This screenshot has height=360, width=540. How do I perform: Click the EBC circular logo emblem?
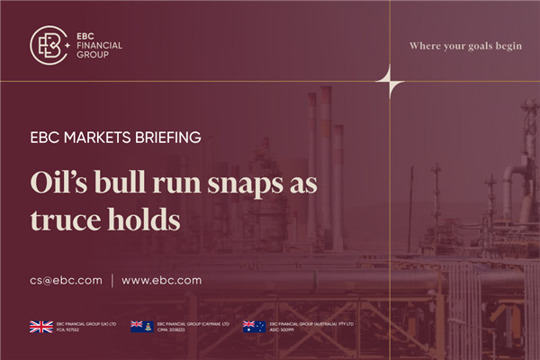pyautogui.click(x=50, y=44)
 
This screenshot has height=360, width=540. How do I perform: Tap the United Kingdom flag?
pyautogui.click(x=40, y=327)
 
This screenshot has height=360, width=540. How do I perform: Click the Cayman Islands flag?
pyautogui.click(x=141, y=327)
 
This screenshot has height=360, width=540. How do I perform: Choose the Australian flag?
pyautogui.click(x=254, y=327)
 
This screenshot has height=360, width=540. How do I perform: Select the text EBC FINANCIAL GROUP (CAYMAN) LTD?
pyautogui.click(x=193, y=323)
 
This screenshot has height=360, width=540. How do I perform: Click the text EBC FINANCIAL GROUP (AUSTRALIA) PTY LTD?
pyautogui.click(x=310, y=323)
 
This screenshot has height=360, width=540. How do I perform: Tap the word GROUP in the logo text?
pyautogui.click(x=93, y=55)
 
